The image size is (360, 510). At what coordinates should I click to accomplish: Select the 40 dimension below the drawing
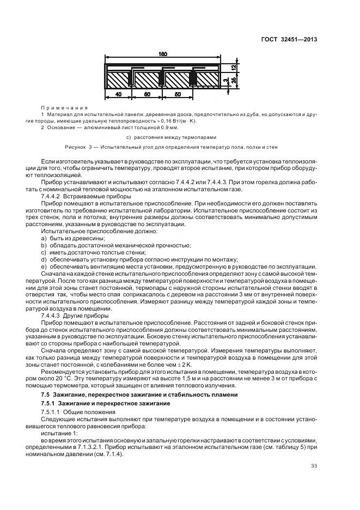118,94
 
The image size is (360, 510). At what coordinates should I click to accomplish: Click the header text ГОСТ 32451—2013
290,40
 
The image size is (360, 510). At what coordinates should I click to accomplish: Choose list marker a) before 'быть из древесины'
44,239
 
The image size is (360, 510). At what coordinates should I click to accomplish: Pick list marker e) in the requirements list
44,267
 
